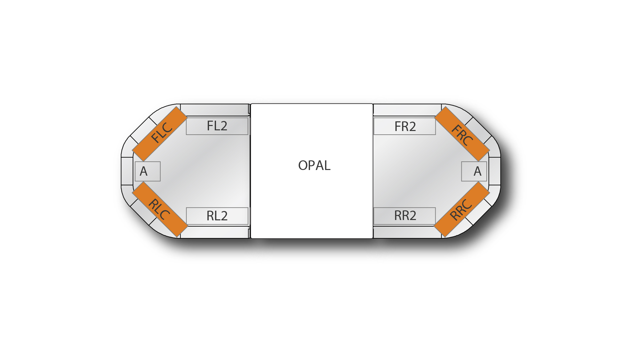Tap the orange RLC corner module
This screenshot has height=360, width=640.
coord(160,209)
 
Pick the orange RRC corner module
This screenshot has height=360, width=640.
coord(462,209)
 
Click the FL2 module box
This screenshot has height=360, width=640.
coord(217,126)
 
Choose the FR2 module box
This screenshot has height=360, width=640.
coord(405,126)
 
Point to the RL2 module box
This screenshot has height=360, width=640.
coord(217,216)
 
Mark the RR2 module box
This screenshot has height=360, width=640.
coord(405,216)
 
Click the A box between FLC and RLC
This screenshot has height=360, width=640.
coord(148,171)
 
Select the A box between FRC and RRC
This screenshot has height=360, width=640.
coord(474,171)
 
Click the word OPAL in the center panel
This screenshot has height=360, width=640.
coord(314,166)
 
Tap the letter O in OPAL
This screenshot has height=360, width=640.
coord(304,166)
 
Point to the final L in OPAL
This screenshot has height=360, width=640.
coord(327,166)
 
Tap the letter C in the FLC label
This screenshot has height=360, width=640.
coord(168,127)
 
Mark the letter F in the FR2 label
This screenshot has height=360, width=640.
coord(397,127)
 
